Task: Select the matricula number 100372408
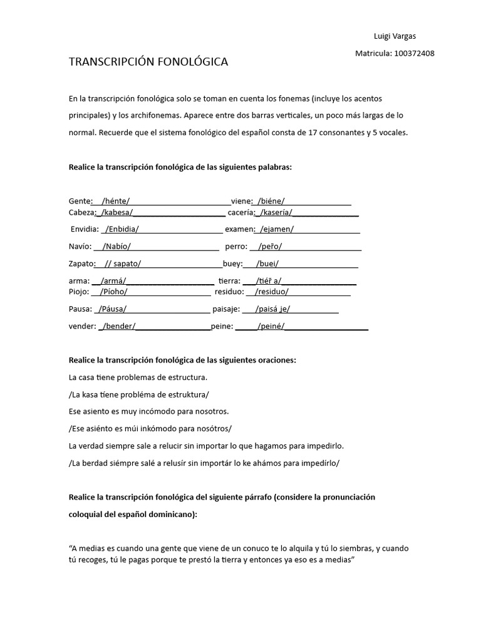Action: point(413,53)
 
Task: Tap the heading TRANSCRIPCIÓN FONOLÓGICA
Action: point(148,62)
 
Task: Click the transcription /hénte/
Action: point(115,201)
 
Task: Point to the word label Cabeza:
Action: point(81,213)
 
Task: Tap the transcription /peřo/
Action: point(270,247)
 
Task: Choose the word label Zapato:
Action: point(82,264)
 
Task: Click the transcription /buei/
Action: point(269,264)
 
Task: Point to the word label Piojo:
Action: point(80,292)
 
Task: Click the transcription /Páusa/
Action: point(111,309)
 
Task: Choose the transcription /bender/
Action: point(119,326)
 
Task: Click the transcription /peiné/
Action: point(271,326)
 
